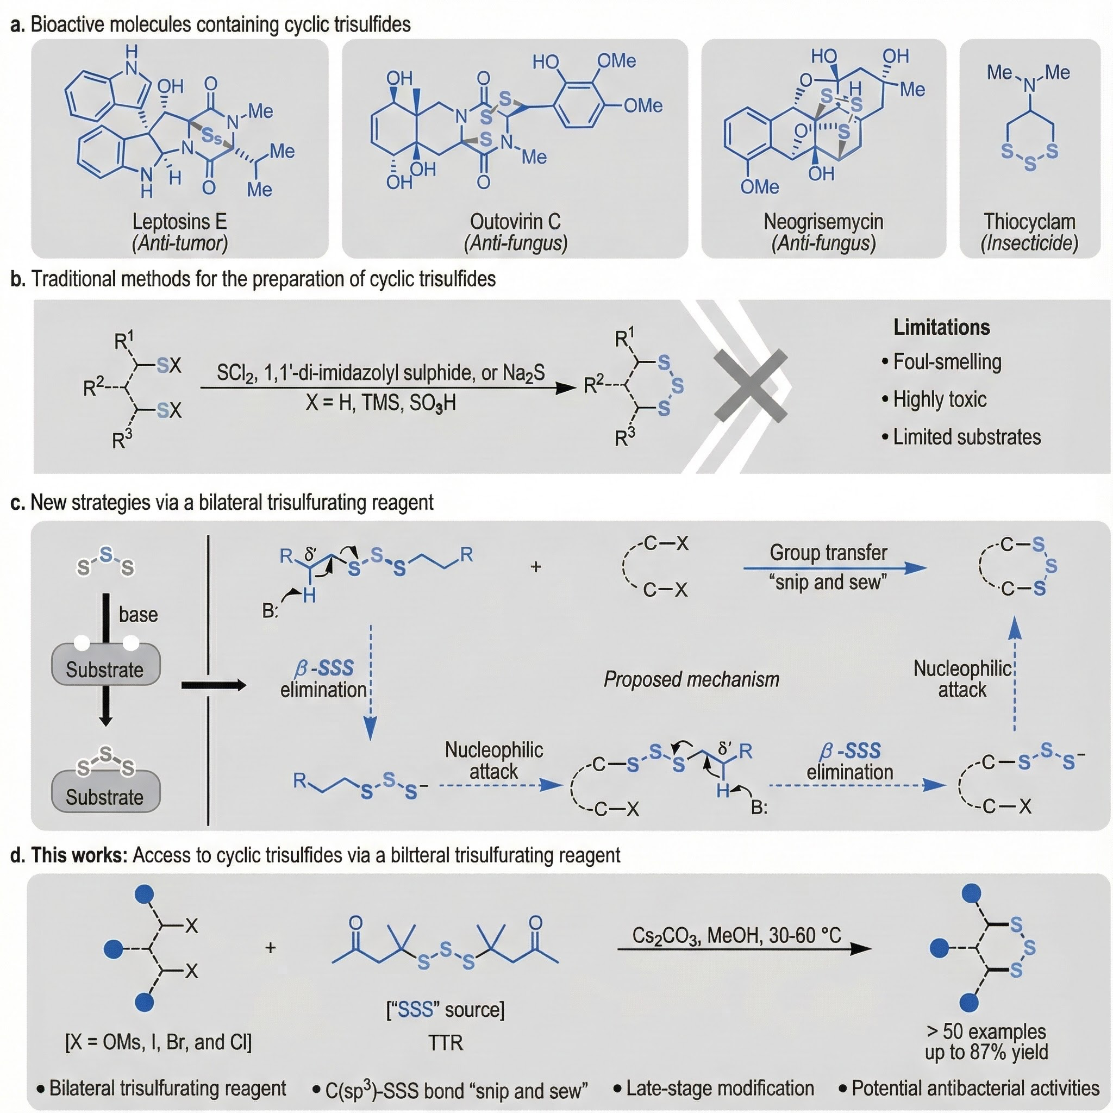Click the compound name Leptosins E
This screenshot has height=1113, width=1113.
(180, 221)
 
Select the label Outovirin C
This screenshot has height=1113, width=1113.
(515, 221)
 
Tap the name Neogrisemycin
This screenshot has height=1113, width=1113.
(823, 221)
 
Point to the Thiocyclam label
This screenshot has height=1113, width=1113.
(1029, 221)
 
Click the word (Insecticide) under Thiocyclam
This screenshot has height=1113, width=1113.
(1029, 243)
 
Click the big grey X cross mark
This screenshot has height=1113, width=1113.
(751, 385)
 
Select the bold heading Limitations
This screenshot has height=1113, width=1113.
(941, 327)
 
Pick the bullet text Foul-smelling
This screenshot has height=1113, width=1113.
(947, 362)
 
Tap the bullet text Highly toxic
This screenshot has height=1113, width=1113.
(940, 399)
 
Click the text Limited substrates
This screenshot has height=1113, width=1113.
(967, 437)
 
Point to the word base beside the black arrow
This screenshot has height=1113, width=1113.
(138, 614)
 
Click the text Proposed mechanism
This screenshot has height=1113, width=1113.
(691, 680)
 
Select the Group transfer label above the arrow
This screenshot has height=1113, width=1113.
(828, 553)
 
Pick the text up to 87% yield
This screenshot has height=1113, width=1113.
(986, 1052)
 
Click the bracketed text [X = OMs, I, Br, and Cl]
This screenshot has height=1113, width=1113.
(159, 1042)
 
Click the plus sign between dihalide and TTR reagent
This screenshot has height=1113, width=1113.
(270, 948)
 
